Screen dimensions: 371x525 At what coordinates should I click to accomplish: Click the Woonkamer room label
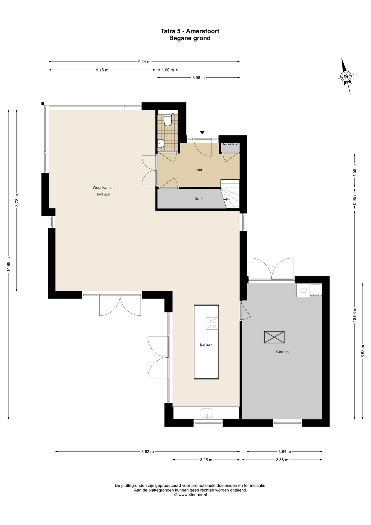pos(103,188)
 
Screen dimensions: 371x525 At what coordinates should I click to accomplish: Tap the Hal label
pos(199,170)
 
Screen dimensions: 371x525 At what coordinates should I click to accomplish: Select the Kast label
pos(198,199)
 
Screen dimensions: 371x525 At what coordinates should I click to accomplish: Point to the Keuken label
pos(206,345)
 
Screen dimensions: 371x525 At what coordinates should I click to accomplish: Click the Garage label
pos(282,352)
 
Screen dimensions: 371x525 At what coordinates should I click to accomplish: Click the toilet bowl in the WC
pos(168,120)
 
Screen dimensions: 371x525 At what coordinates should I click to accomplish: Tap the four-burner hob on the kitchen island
pos(212,324)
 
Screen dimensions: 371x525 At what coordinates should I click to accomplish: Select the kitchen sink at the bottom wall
pos(207,413)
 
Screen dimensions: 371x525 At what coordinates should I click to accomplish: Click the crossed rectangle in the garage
pos(274,337)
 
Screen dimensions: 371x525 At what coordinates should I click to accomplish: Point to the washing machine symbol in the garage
pos(303,290)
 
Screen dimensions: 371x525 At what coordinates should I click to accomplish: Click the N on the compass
pos(346,76)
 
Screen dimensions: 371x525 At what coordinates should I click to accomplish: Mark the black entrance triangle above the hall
pos(202,132)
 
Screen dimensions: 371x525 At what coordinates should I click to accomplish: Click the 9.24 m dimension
pos(144,62)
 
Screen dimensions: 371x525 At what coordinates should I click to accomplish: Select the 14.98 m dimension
pos(8,264)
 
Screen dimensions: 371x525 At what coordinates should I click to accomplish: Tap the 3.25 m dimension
pos(206,460)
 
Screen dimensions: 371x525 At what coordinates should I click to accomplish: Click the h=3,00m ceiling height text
pos(104,194)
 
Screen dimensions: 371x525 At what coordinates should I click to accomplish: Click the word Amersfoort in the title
pos(202,31)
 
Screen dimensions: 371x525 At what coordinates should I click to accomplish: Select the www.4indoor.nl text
pos(193,495)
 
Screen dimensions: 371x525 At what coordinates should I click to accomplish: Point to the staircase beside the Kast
pos(230,194)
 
